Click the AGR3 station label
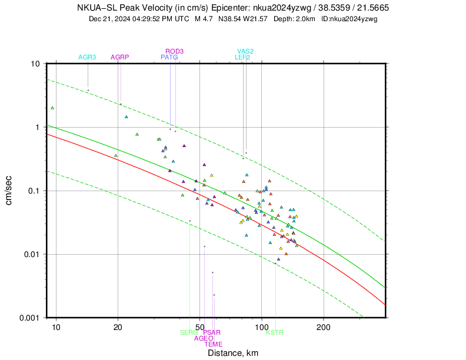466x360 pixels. tap(87, 57)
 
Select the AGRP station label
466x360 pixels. tap(119, 57)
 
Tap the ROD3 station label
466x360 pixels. tap(175, 51)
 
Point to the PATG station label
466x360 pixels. tap(169, 57)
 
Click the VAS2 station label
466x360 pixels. tap(245, 51)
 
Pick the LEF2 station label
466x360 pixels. tap(242, 57)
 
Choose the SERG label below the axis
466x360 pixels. tap(189, 332)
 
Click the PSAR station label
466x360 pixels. tap(212, 332)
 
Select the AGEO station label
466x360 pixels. tap(204, 338)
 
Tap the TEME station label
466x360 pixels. tap(214, 344)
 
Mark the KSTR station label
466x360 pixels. tap(275, 332)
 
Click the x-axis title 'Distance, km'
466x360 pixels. tap(233, 353)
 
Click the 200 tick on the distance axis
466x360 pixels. tap(323, 326)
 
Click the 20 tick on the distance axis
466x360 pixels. tap(118, 326)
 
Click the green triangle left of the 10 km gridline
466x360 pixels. tap(52, 108)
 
